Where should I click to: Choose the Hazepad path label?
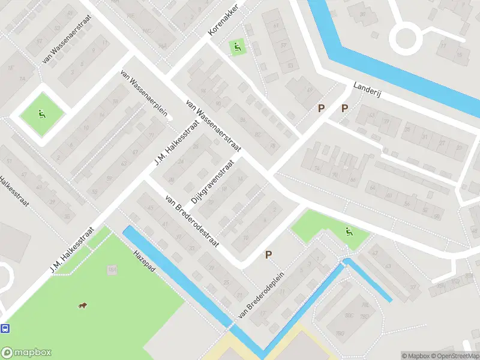(145, 263)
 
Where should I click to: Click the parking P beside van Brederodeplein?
(269, 255)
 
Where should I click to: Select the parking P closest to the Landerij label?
(344, 108)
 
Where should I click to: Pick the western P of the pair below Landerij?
(321, 108)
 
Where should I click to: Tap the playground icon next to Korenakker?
(236, 47)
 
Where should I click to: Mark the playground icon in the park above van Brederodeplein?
(348, 231)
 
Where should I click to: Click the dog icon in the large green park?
(82, 306)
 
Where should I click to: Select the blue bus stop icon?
(5, 328)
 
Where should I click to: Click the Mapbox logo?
(26, 352)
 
